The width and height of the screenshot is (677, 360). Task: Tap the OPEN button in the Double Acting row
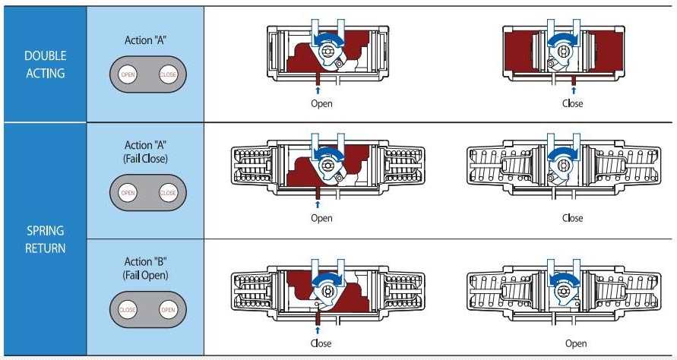(x=128, y=74)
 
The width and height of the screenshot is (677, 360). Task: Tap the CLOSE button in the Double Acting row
(x=167, y=74)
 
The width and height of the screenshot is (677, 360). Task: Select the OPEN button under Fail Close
(x=128, y=193)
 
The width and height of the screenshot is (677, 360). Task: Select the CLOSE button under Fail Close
(x=167, y=193)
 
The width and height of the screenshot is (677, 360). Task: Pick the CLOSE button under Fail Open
(x=128, y=310)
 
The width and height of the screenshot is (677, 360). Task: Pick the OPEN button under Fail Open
(x=167, y=310)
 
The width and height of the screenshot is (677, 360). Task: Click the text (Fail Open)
(x=145, y=273)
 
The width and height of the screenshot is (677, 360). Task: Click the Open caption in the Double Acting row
(x=321, y=103)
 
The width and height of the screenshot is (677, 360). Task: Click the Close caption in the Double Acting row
(x=572, y=103)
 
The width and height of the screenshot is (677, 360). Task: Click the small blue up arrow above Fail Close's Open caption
(x=318, y=204)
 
